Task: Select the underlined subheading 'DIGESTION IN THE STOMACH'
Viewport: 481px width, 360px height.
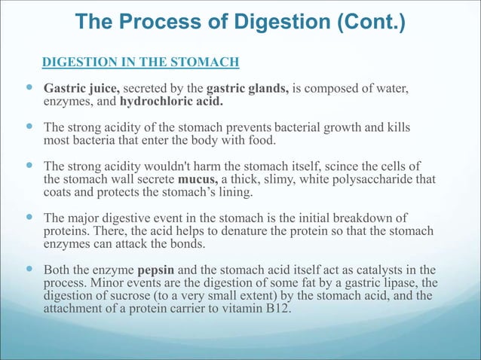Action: [x=140, y=61]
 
